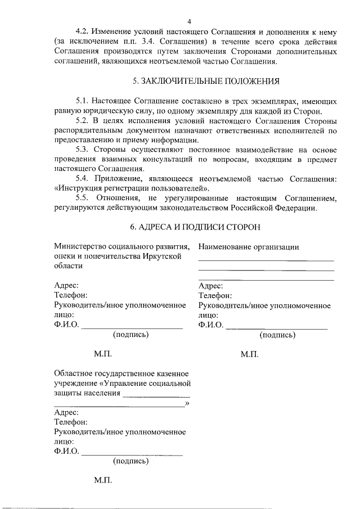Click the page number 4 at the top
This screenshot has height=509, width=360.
tap(189, 21)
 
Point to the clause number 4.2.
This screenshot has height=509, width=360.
tap(83, 31)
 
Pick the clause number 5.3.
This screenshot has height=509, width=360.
tap(83, 150)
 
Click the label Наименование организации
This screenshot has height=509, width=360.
tap(249, 246)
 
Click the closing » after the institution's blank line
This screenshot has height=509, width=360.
tap(187, 403)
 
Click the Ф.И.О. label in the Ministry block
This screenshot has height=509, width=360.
tap(66, 325)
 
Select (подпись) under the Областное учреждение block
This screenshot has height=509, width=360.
tap(130, 461)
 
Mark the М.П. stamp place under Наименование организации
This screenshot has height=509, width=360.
tap(249, 354)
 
